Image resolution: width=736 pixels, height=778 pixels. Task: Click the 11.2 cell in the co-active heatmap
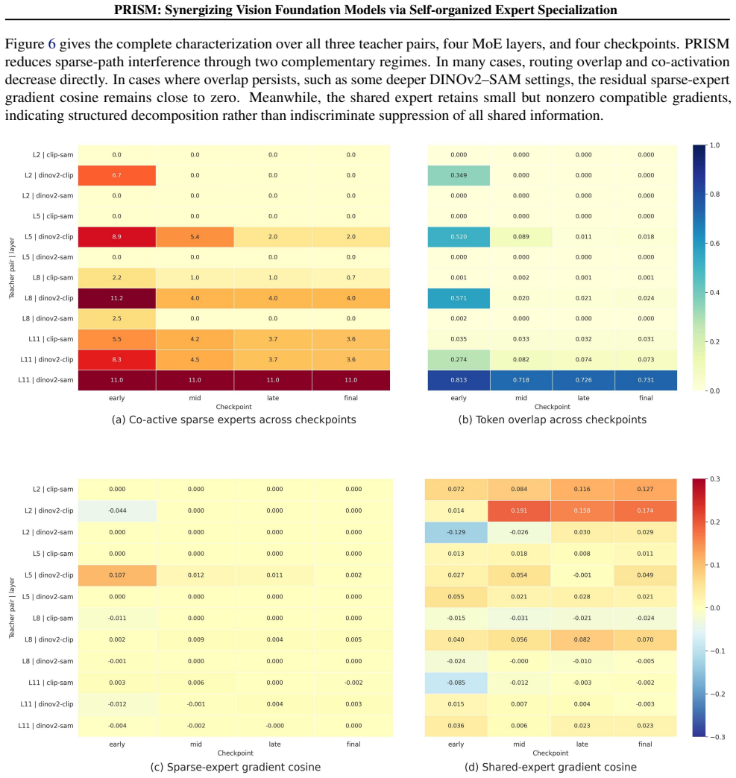click(x=117, y=298)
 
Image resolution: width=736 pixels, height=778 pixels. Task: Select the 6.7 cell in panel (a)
click(x=117, y=175)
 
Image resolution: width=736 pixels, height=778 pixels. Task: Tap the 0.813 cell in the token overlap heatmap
click(x=459, y=380)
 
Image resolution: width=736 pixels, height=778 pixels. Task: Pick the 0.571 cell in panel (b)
click(x=459, y=298)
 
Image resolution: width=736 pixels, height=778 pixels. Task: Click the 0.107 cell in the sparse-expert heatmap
click(x=117, y=575)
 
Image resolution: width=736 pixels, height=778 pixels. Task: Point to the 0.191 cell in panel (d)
click(x=519, y=510)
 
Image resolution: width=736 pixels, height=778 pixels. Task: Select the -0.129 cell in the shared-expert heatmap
click(x=456, y=532)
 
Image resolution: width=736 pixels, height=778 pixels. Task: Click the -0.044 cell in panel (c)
click(x=117, y=510)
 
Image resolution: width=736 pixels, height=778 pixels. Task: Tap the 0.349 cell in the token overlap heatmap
click(x=459, y=175)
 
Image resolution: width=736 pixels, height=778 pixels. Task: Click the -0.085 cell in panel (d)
click(x=456, y=683)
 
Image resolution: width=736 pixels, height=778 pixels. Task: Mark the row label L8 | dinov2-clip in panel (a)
click(x=48, y=298)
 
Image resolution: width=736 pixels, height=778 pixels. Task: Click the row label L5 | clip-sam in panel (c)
click(x=53, y=554)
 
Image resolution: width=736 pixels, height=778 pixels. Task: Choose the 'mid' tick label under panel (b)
click(x=521, y=398)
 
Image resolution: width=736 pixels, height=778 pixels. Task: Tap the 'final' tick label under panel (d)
click(x=645, y=744)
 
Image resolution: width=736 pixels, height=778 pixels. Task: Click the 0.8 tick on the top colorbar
click(x=714, y=194)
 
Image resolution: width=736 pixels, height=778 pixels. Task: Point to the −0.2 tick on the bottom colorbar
click(x=714, y=694)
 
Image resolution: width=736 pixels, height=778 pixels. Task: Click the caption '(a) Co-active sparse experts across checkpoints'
click(x=234, y=420)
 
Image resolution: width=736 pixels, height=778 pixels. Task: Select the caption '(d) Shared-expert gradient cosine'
click(x=550, y=767)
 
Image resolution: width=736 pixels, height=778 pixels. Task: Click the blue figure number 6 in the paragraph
click(x=51, y=44)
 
